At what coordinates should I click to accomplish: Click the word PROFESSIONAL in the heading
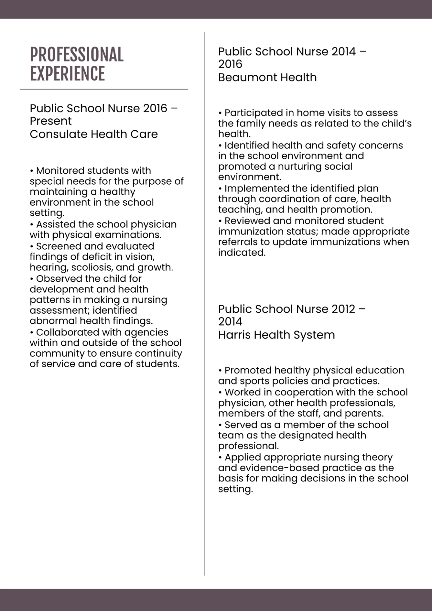pos(77,55)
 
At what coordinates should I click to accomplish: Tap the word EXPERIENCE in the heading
pos(67,74)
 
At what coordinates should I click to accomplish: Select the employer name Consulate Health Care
pos(94,134)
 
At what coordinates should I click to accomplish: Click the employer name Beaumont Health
pos(267,77)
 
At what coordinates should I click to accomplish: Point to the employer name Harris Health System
pos(276,335)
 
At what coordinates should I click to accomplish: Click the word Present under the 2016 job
pos(50,121)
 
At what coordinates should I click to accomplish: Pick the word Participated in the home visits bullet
pos(254,113)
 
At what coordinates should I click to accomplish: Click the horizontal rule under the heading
pos(104,89)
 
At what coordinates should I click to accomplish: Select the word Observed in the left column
pos(58,279)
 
